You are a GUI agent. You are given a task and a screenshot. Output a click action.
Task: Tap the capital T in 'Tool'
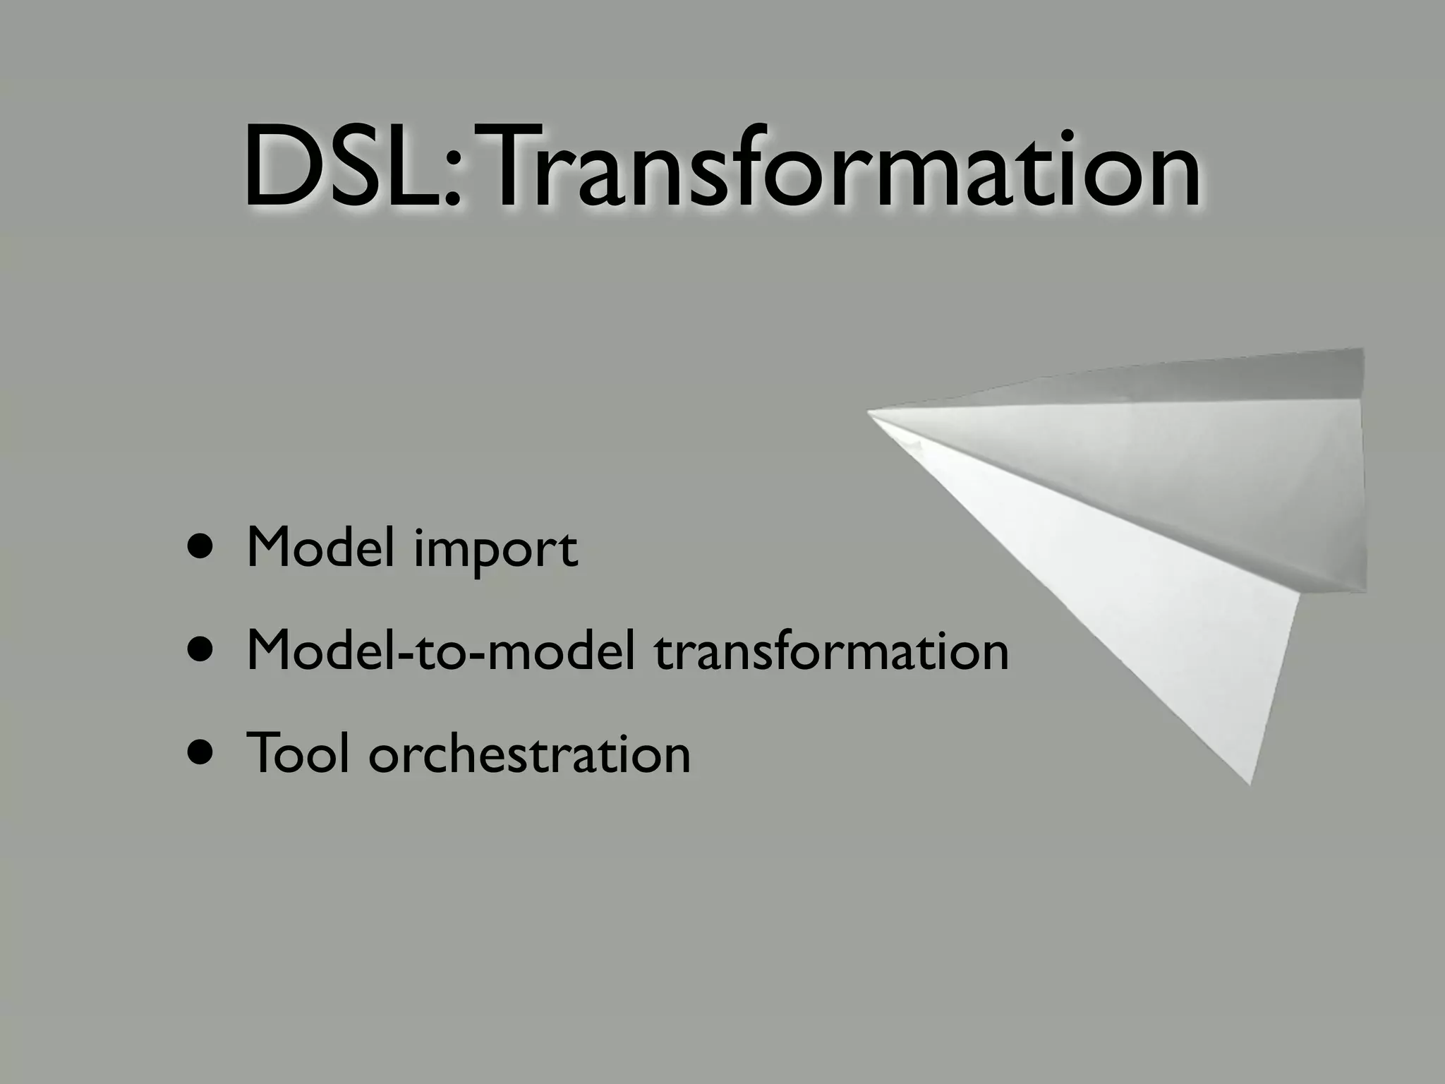(x=265, y=752)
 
